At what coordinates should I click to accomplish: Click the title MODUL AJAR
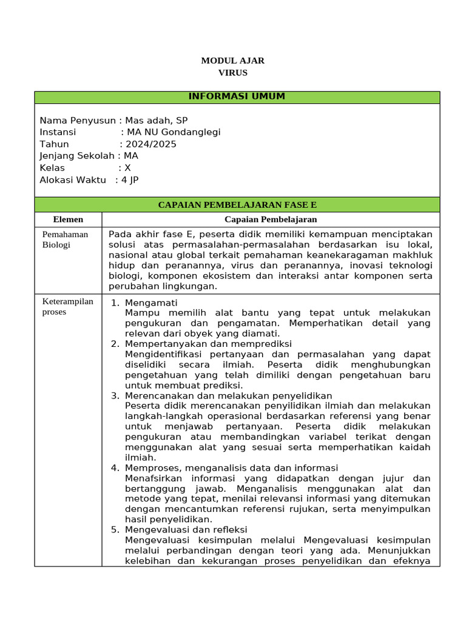(232, 61)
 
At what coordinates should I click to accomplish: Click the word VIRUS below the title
(232, 73)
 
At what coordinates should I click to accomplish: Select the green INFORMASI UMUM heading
(237, 97)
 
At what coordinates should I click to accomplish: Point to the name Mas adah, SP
(157, 120)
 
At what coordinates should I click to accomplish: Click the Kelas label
(52, 168)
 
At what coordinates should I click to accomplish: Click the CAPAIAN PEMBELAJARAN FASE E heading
(237, 205)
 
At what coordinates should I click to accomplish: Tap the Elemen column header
(68, 220)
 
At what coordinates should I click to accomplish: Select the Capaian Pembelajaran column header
(271, 220)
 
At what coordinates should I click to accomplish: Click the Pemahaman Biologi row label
(65, 240)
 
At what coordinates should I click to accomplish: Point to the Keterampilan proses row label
(67, 306)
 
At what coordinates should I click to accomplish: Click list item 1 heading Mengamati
(151, 303)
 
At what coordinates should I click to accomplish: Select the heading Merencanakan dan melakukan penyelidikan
(228, 395)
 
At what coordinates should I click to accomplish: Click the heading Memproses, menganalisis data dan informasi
(231, 468)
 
